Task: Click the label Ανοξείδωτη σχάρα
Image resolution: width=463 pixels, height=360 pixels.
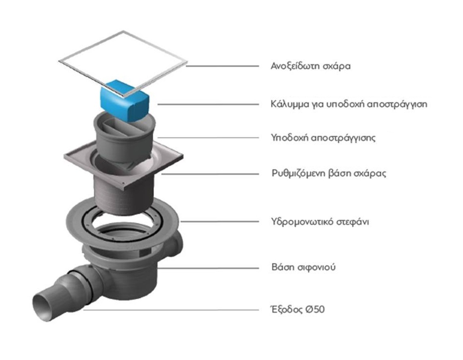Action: (311, 66)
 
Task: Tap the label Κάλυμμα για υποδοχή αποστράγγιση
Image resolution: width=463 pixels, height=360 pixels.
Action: (349, 104)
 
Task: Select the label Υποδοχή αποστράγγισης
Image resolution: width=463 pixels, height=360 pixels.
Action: (324, 138)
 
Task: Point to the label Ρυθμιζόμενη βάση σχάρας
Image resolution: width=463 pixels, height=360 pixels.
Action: (329, 173)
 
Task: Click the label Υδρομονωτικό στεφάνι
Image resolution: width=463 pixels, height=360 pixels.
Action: (320, 222)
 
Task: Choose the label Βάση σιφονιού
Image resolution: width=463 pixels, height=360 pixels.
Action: (303, 267)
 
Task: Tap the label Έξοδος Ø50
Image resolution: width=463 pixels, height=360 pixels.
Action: (298, 310)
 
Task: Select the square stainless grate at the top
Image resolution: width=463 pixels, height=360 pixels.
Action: (123, 64)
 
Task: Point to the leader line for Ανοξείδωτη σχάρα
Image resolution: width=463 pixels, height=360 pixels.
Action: (222, 66)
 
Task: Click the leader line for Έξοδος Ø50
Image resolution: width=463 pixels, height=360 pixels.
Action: (171, 310)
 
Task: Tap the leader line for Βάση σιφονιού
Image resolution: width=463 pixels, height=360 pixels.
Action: (208, 268)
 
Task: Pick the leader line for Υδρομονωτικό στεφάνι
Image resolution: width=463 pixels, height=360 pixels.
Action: (220, 221)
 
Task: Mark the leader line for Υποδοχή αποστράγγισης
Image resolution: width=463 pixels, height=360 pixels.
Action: (208, 138)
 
